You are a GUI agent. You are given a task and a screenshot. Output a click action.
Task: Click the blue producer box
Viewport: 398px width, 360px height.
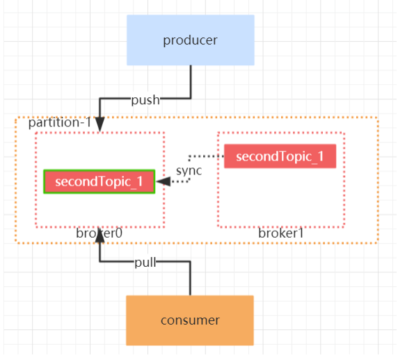pyautogui.click(x=191, y=40)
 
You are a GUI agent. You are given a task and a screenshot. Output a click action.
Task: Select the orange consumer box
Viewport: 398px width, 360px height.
pyautogui.click(x=190, y=320)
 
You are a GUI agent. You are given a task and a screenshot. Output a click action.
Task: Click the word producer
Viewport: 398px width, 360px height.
pyautogui.click(x=190, y=40)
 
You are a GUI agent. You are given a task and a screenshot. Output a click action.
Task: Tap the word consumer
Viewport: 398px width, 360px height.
pyautogui.click(x=190, y=320)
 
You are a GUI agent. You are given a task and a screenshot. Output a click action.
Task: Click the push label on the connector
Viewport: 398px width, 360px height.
pyautogui.click(x=145, y=100)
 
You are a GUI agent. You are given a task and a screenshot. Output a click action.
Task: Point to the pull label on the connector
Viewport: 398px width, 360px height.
pyautogui.click(x=145, y=263)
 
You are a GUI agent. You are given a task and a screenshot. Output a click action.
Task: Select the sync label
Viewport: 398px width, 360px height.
pyautogui.click(x=189, y=171)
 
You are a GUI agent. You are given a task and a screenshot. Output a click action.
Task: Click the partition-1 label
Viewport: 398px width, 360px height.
pyautogui.click(x=60, y=123)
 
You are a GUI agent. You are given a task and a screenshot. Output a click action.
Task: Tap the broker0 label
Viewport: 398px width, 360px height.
pyautogui.click(x=99, y=234)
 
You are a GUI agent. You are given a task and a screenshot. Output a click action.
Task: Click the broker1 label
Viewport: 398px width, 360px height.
pyautogui.click(x=281, y=234)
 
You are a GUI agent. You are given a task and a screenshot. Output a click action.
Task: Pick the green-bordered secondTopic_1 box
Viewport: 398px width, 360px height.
pyautogui.click(x=99, y=181)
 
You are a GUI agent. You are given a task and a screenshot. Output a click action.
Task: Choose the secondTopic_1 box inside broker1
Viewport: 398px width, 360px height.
pyautogui.click(x=280, y=156)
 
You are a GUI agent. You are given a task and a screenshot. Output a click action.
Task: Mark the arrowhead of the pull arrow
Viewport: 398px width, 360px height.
pyautogui.click(x=99, y=235)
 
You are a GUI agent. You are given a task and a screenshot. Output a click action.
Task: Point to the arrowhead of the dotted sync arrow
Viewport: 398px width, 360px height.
pyautogui.click(x=164, y=181)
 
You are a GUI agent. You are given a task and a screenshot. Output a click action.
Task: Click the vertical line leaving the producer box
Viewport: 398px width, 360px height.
pyautogui.click(x=191, y=81)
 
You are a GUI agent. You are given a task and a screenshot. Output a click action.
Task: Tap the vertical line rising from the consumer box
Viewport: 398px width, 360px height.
pyautogui.click(x=190, y=279)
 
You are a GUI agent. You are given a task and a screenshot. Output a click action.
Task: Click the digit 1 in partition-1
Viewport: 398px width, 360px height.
pyautogui.click(x=88, y=122)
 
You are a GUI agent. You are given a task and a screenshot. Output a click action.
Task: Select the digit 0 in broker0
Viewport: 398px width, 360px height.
pyautogui.click(x=119, y=234)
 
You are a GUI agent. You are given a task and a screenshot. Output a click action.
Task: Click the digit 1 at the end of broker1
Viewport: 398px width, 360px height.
pyautogui.click(x=301, y=234)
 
